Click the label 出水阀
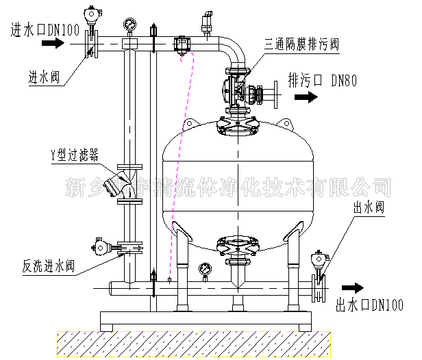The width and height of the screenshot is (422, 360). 367,205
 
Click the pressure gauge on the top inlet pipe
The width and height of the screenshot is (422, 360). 129,25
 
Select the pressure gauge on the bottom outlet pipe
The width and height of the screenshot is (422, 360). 204,270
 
